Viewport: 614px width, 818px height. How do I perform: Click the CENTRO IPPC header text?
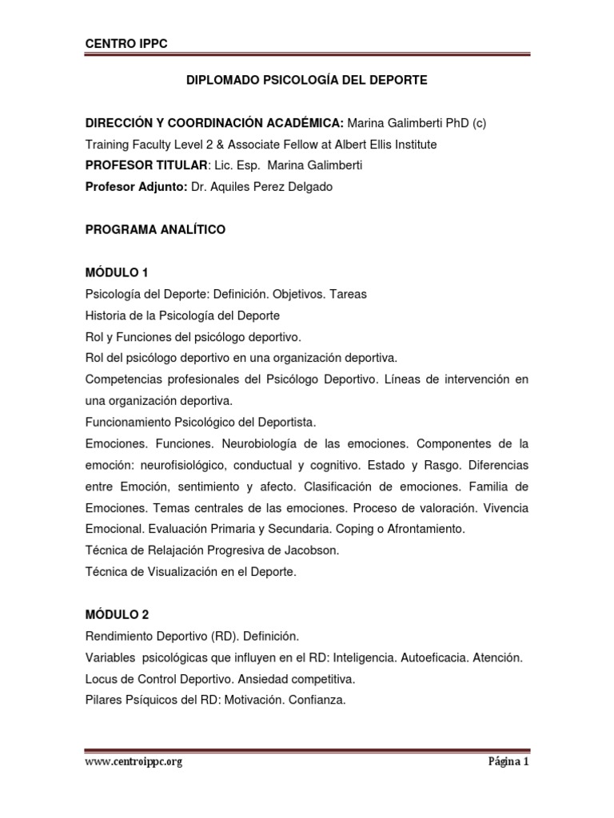pos(126,44)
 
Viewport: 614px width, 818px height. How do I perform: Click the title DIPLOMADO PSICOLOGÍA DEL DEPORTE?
pos(306,80)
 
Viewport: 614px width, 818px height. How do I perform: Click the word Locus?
pos(101,679)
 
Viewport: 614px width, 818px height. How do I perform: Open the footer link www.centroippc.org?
pos(134,762)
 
